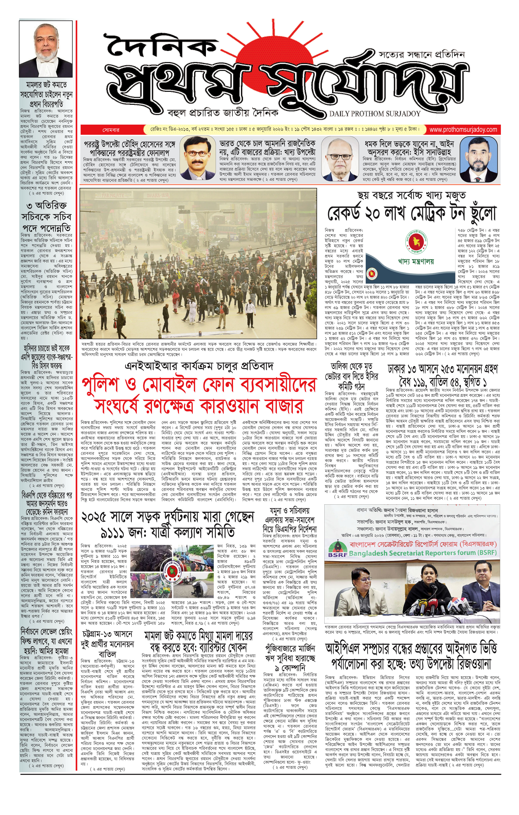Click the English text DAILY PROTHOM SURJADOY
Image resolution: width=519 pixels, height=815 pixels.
pyautogui.click(x=375, y=114)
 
